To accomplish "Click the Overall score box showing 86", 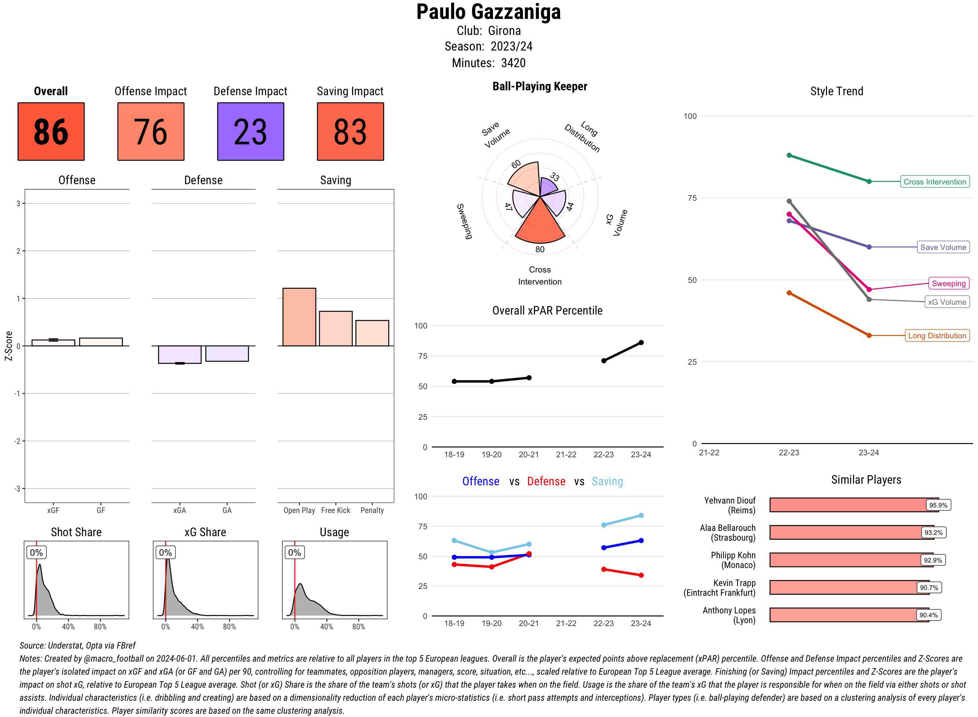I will tap(51, 132).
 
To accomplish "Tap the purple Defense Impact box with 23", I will tap(250, 132).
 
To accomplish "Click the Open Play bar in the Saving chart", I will tap(299, 317).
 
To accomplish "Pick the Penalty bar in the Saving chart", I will tap(372, 333).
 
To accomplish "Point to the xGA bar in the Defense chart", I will tap(180, 354).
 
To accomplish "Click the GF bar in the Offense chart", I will tap(101, 342).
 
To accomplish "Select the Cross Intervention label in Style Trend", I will tap(935, 182).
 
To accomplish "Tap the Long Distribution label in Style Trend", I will tap(937, 335).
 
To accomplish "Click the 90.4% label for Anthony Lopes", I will tap(928, 615).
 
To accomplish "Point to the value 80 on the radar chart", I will tap(540, 249).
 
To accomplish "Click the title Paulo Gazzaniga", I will tap(488, 12).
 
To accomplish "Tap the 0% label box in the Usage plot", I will tap(294, 552).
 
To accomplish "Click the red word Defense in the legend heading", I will tap(546, 481).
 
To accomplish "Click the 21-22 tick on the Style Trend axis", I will tap(709, 452).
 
